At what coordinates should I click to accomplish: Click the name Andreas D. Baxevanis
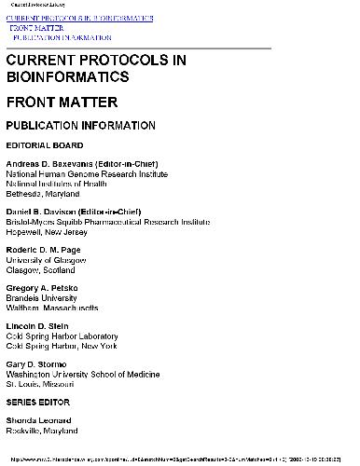[46, 164]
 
